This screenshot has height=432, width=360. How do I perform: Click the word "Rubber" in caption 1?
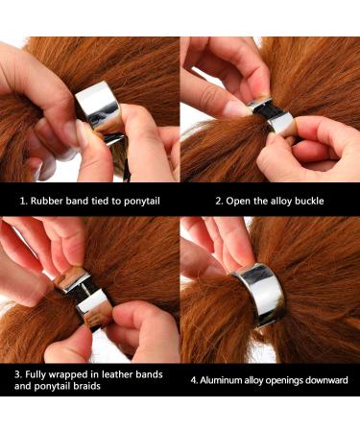tap(47, 201)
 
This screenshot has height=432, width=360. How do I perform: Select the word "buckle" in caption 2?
tap(309, 201)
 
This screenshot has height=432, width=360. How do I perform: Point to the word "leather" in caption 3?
tap(117, 374)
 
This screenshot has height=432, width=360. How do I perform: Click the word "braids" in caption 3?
tap(86, 386)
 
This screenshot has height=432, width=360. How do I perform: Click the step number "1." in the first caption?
tap(24, 202)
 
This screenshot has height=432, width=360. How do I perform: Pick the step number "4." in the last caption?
tap(194, 381)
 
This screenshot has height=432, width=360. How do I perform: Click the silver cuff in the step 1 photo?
tap(99, 108)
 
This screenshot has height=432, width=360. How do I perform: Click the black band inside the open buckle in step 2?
tap(268, 112)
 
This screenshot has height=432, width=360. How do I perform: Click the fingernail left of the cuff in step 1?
tap(71, 132)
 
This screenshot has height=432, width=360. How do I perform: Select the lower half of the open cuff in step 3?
tap(94, 309)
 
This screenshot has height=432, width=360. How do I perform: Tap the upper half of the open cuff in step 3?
tap(74, 278)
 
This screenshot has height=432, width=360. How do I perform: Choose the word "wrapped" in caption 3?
tap(70, 375)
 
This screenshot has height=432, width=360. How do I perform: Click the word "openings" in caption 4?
tap(282, 381)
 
